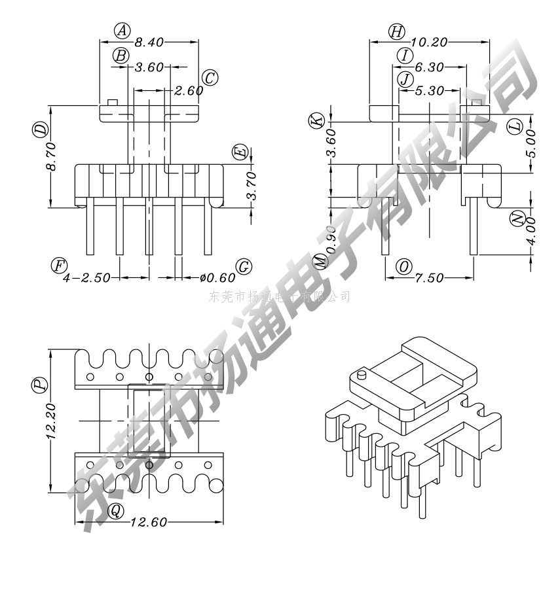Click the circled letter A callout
[x=122, y=30]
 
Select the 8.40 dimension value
[x=149, y=42]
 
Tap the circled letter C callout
[x=210, y=78]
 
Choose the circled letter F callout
[x=60, y=265]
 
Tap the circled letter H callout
[x=396, y=31]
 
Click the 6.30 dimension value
[x=429, y=67]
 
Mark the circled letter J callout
[x=406, y=79]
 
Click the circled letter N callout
[x=518, y=219]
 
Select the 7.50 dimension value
[x=429, y=279]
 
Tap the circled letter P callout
[x=41, y=384]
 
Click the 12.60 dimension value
[x=149, y=522]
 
